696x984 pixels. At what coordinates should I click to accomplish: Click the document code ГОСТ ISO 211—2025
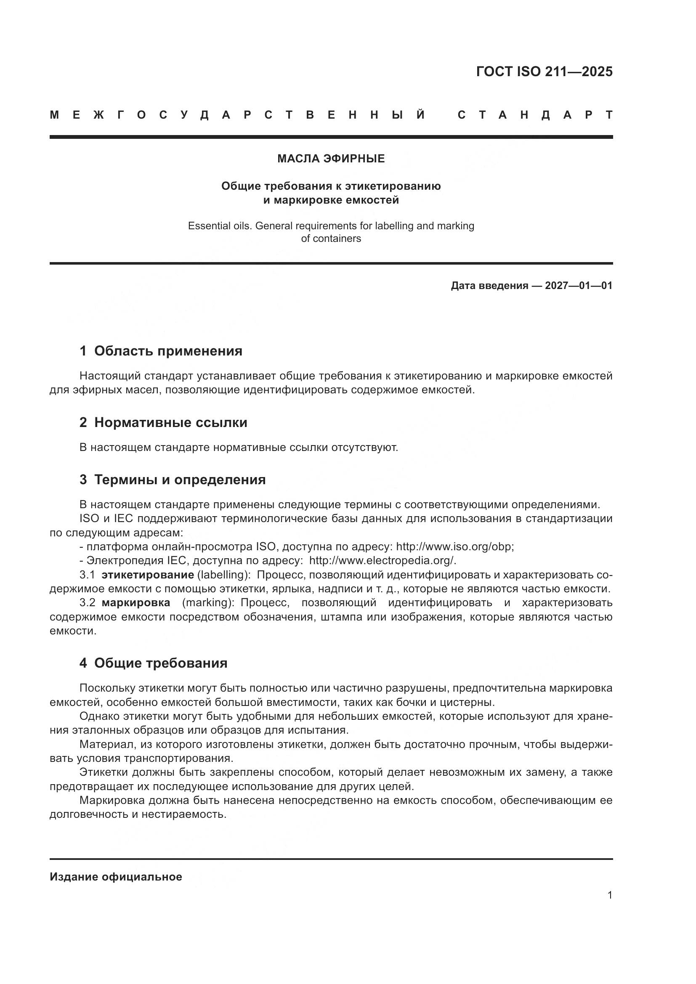pos(544,72)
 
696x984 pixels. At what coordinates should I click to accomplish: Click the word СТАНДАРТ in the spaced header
pos(535,115)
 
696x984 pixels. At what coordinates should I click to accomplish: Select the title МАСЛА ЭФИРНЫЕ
pos(331,159)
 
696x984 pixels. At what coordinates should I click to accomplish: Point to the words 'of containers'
pos(331,239)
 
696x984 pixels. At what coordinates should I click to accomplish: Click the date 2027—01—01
pos(578,286)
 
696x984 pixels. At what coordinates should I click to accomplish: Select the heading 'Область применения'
pos(168,351)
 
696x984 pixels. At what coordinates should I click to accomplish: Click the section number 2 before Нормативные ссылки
pos(83,422)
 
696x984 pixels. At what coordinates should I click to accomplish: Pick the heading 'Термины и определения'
pos(180,480)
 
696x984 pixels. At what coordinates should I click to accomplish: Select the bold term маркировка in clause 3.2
pos(135,602)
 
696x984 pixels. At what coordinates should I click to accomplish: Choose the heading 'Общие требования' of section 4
pos(161,663)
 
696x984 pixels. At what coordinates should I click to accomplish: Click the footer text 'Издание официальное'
pos(116,877)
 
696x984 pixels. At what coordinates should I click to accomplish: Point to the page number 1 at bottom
pos(609,895)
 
